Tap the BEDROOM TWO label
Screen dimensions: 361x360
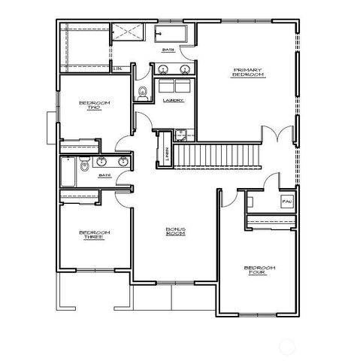point(95,105)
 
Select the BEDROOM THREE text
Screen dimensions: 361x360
point(95,236)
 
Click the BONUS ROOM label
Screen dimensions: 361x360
point(175,232)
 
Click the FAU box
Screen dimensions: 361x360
point(286,202)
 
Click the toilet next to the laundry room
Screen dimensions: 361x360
point(143,93)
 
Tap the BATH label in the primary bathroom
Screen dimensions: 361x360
point(168,50)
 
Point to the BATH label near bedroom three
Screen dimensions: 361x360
point(104,176)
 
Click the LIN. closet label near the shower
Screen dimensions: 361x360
point(118,69)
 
